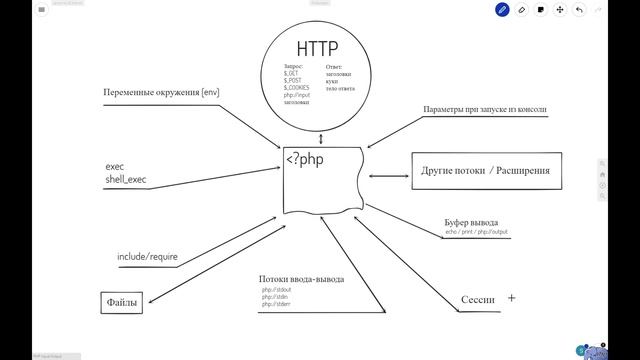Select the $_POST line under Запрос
(292, 80)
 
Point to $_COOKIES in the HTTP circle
(296, 87)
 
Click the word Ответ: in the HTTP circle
(334, 66)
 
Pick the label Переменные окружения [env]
(161, 92)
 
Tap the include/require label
(147, 257)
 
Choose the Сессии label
(477, 299)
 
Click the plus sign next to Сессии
(511, 298)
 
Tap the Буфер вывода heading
(471, 222)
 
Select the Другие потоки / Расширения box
(486, 171)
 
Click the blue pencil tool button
(502, 9)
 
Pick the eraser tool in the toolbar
(521, 9)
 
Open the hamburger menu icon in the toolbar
(41, 9)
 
